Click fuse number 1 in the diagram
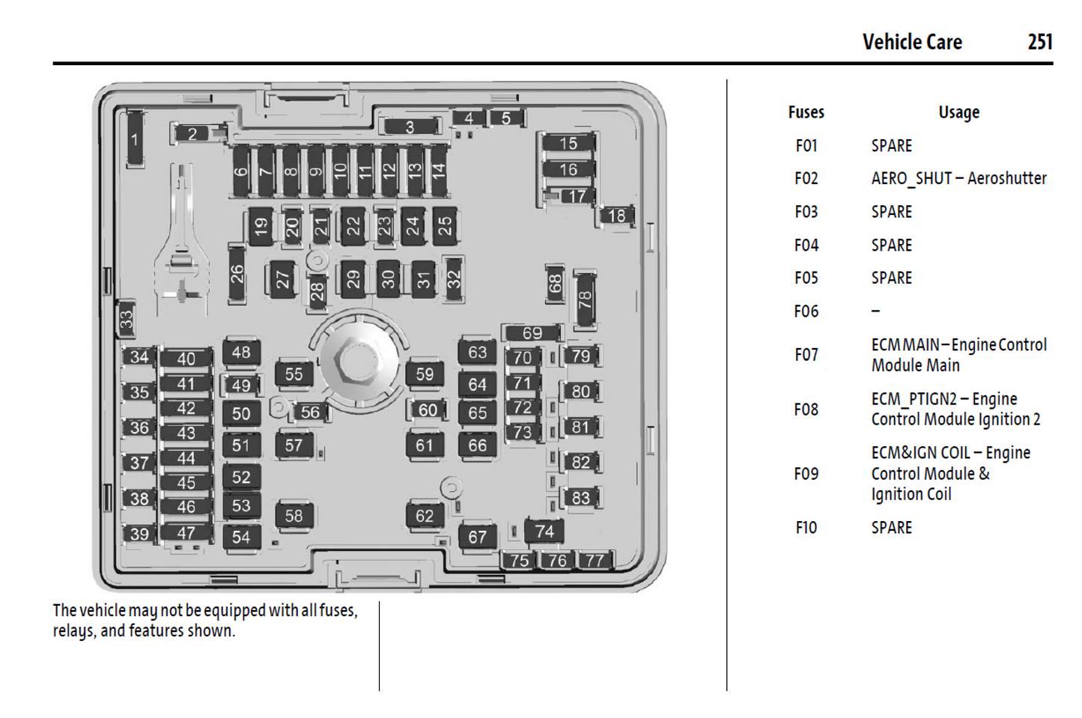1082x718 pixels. click(x=135, y=139)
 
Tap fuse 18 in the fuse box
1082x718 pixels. click(x=616, y=216)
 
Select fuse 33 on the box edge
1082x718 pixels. click(x=127, y=318)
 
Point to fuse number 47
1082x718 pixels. click(x=186, y=533)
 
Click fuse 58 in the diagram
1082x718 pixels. click(x=294, y=515)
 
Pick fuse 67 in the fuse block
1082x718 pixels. click(x=477, y=536)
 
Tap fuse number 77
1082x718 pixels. click(x=595, y=560)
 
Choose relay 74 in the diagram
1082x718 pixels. click(x=544, y=531)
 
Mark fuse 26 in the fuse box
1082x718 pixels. click(x=237, y=273)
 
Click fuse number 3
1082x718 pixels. click(x=410, y=127)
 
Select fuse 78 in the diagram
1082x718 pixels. click(x=585, y=299)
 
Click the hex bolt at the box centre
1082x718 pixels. click(x=354, y=361)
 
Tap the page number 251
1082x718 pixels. click(x=1040, y=42)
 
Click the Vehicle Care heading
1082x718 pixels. click(x=912, y=42)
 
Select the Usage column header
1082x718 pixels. click(x=958, y=112)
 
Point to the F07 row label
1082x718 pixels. click(x=806, y=354)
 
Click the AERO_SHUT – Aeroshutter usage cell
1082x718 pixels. click(x=958, y=178)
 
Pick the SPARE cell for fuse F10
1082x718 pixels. click(x=891, y=527)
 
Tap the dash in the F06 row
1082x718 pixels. click(x=875, y=311)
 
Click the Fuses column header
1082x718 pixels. click(x=806, y=112)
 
